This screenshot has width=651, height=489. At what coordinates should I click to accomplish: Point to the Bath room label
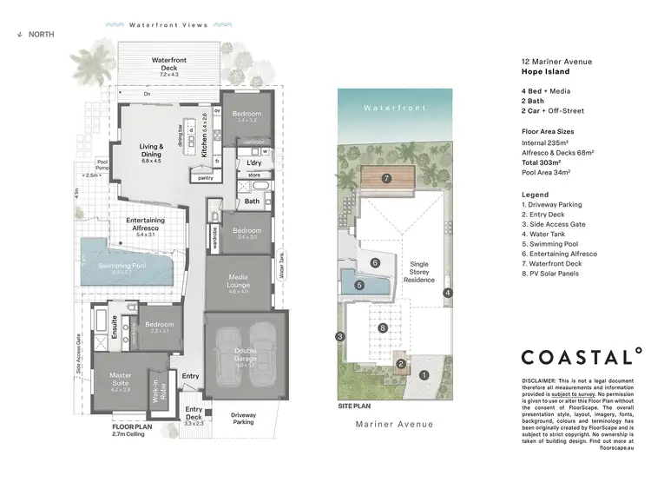coord(252,202)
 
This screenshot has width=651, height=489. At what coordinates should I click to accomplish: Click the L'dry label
coord(254,163)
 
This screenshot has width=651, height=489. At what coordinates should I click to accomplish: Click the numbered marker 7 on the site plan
coord(387,180)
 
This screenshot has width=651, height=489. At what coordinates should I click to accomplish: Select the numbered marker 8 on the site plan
coord(383,328)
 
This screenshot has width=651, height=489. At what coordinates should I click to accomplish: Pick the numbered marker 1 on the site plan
coord(424,375)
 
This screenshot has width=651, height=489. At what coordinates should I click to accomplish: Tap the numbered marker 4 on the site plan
coord(447,293)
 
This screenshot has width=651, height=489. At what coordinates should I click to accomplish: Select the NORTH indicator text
coord(39,34)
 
